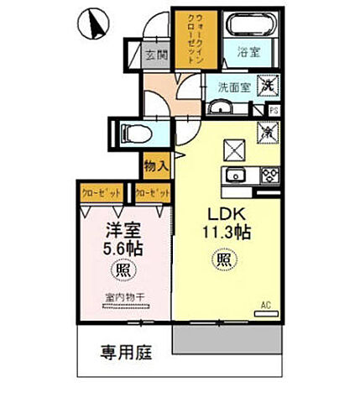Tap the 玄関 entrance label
[155, 57]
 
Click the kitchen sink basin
[232, 175]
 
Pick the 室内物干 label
[122, 299]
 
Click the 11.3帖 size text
[220, 229]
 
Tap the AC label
[265, 304]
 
